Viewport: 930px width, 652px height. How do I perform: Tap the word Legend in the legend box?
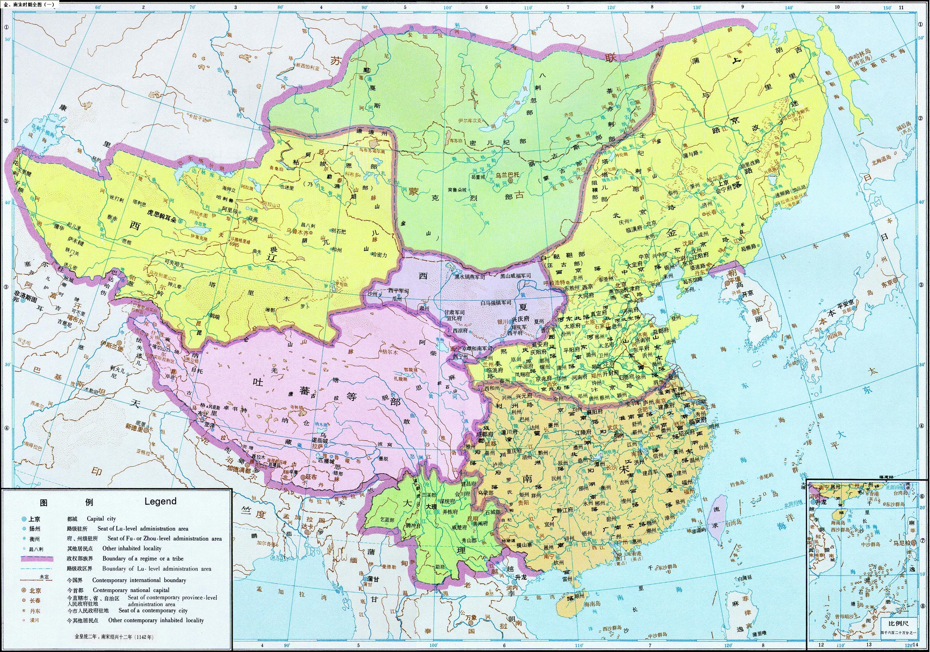click(x=160, y=501)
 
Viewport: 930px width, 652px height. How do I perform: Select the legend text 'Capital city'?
click(x=101, y=519)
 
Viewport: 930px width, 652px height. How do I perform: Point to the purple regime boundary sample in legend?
click(x=37, y=559)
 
